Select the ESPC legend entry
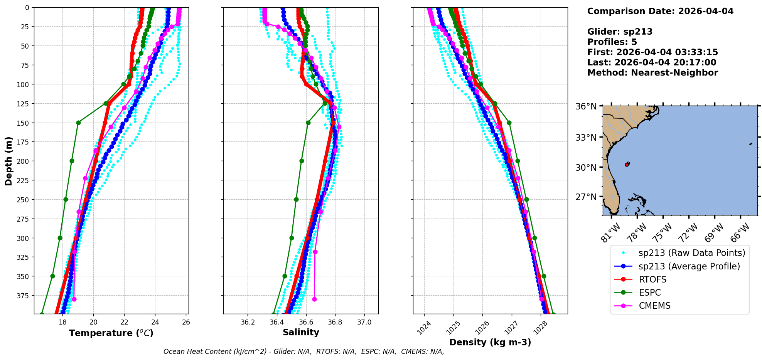(650, 293)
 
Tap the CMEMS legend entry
(654, 306)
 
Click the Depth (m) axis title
(9, 161)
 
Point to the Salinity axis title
(301, 333)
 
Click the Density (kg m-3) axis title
(490, 342)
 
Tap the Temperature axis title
(111, 333)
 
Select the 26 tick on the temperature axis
(186, 323)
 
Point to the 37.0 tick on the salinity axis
(364, 323)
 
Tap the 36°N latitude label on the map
(586, 106)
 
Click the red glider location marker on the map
(627, 165)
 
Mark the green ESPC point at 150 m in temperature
(78, 123)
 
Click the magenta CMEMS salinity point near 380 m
(314, 299)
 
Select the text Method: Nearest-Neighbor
(652, 73)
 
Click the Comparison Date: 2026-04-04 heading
(660, 11)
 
